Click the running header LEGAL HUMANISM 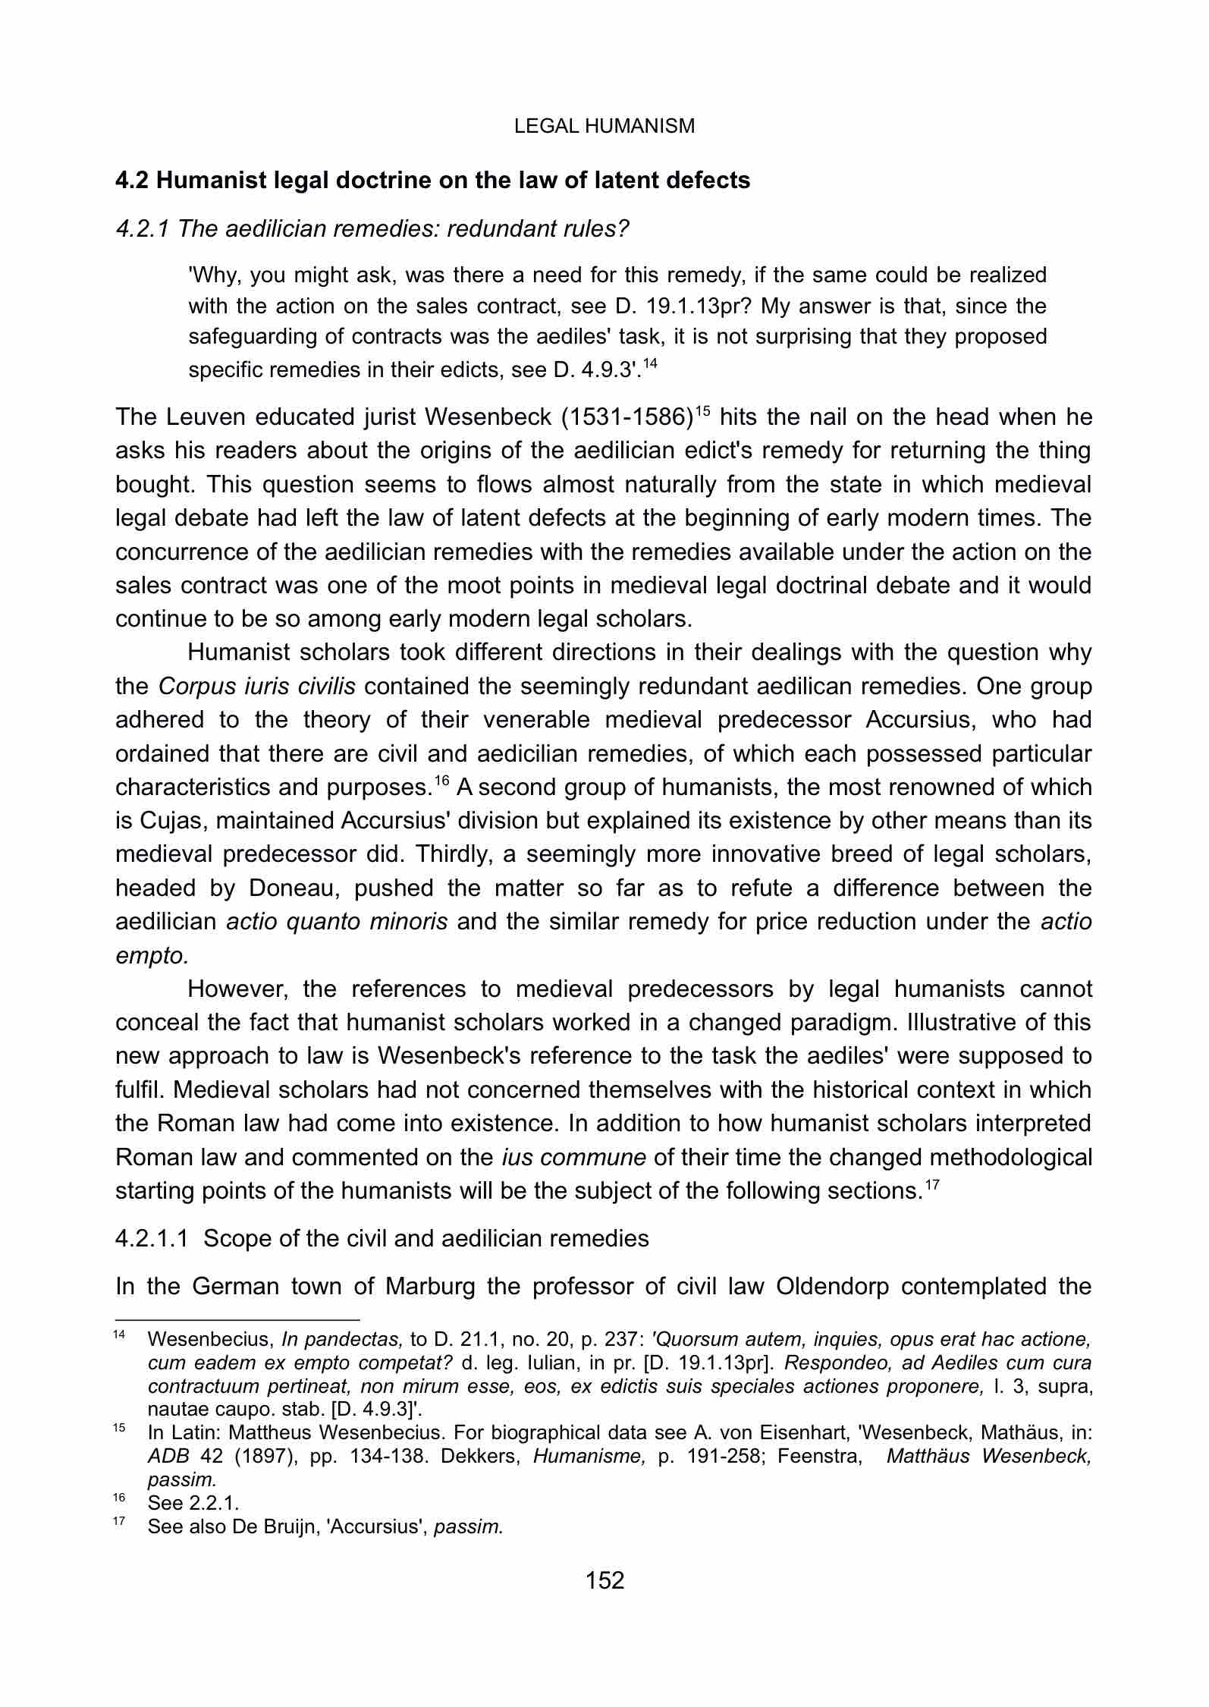(x=604, y=126)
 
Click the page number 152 (x=604, y=1580)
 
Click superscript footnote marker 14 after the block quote (x=649, y=365)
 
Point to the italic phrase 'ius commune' (x=573, y=1158)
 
